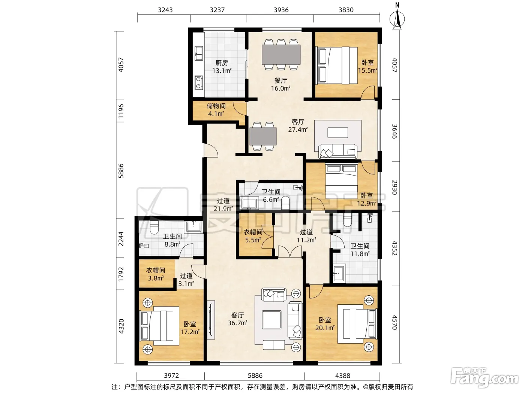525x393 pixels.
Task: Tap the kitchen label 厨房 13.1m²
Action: (222, 67)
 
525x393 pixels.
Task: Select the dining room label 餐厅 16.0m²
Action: (280, 84)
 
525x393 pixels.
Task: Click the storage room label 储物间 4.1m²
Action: (216, 110)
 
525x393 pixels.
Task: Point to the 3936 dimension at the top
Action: (281, 10)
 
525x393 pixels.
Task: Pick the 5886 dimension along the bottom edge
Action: (255, 375)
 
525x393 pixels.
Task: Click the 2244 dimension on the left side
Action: (121, 239)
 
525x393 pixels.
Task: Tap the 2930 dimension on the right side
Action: (394, 188)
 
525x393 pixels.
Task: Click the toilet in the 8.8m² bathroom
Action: (154, 228)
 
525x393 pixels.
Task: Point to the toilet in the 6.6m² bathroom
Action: (285, 203)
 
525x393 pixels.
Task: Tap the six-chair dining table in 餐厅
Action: (281, 55)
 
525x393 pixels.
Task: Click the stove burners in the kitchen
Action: (198, 83)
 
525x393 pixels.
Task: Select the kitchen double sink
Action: (198, 54)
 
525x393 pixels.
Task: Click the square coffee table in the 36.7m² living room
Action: (271, 320)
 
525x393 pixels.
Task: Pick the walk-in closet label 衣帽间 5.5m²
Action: (253, 236)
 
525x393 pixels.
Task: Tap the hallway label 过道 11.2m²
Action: (306, 236)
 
